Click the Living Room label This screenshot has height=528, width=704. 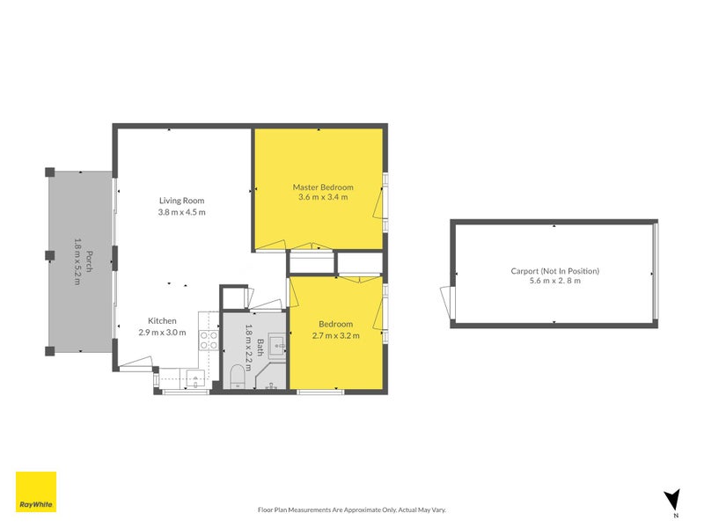182,200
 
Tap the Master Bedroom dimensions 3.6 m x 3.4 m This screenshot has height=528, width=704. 323,197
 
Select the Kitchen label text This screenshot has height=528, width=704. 162,321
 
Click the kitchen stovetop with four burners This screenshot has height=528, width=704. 209,340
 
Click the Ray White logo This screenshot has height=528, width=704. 36,492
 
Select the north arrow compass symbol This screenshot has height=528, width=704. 672,500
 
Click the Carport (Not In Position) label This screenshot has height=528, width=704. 554,271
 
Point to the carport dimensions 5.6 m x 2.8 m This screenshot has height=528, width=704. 554,281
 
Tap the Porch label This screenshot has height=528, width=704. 90,261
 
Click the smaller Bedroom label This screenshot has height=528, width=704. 336,324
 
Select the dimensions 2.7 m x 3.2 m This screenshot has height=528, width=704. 336,335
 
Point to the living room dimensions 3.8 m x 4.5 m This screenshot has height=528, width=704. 182,211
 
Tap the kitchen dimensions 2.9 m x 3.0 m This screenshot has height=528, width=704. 162,333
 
